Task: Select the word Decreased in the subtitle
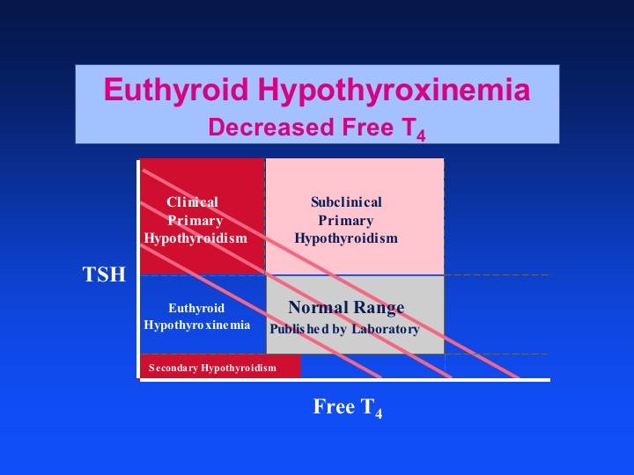click(272, 128)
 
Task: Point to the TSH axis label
click(104, 274)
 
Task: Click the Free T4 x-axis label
click(348, 407)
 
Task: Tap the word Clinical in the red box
click(193, 202)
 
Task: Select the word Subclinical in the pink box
click(346, 202)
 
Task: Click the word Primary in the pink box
click(346, 221)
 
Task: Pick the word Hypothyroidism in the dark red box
click(195, 238)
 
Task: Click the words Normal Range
click(346, 308)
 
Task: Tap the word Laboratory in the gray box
click(386, 329)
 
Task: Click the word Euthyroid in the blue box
click(196, 308)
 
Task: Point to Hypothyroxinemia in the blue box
click(197, 325)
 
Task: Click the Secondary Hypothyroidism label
click(212, 368)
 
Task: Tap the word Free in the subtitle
click(367, 128)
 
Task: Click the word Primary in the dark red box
click(195, 221)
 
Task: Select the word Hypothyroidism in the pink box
click(346, 238)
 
